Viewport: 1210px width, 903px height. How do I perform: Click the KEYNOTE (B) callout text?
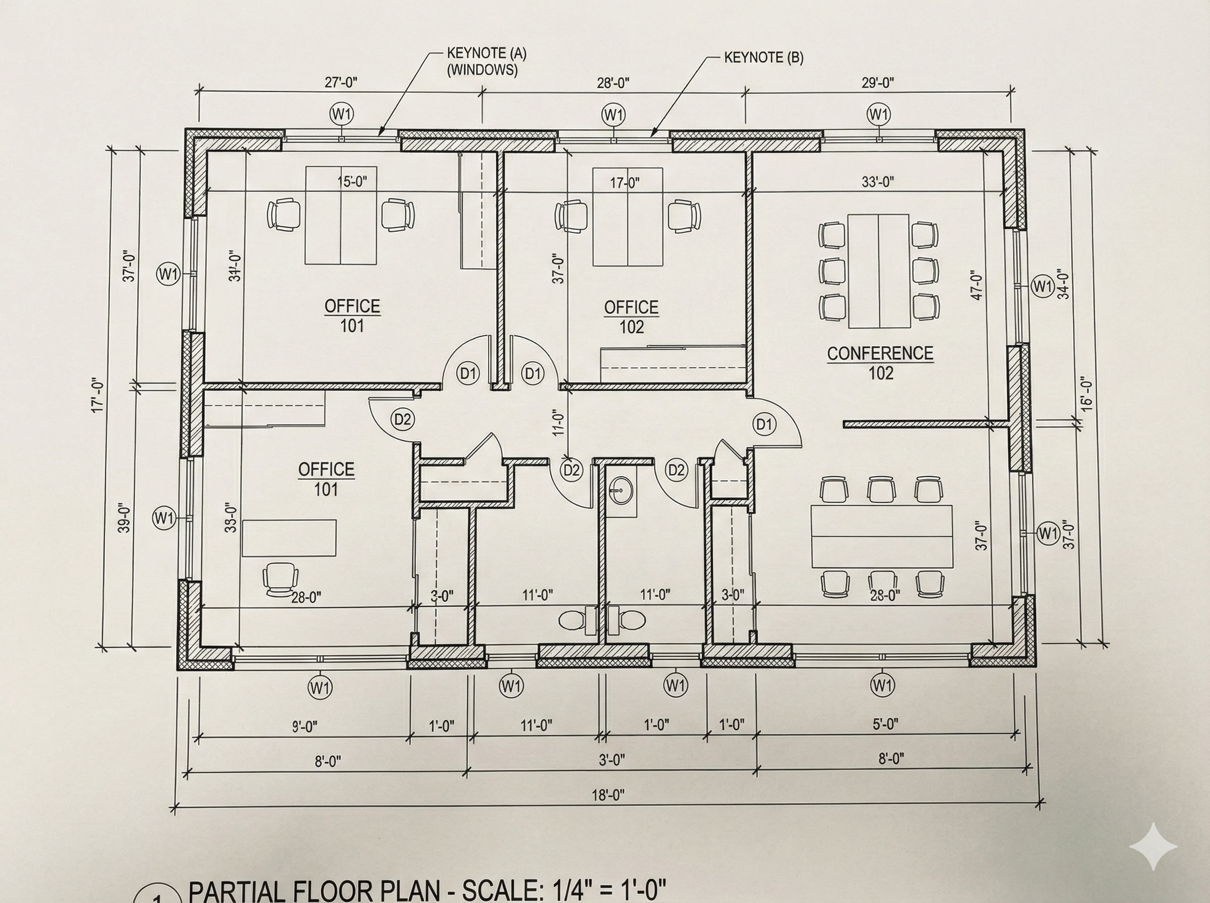763,58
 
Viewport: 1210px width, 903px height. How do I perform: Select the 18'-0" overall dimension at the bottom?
608,795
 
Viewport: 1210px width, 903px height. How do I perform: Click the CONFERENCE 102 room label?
880,362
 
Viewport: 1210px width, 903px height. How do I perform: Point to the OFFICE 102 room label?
631,316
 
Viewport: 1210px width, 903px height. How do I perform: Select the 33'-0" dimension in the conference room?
878,182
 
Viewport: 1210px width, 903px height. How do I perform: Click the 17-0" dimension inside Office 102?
624,183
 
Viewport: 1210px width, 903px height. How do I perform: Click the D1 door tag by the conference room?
764,424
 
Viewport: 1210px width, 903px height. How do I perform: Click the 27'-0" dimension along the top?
341,83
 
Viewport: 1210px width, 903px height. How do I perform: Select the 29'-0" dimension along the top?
878,83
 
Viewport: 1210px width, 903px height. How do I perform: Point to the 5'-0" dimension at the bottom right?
885,724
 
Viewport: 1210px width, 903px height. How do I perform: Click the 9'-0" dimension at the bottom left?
304,727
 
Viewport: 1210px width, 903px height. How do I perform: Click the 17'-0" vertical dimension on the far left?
98,395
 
